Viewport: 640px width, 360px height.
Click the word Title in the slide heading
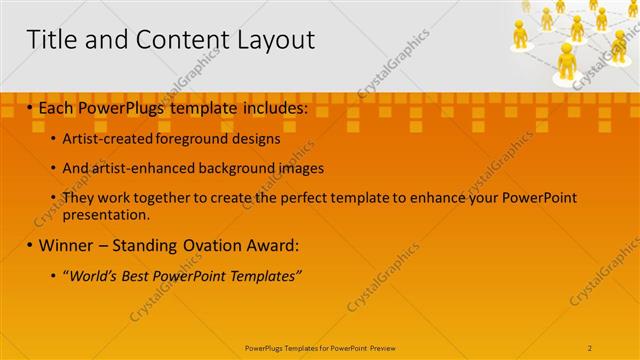click(x=50, y=40)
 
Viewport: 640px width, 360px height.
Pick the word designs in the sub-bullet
click(x=256, y=140)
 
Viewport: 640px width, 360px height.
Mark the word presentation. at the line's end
click(x=106, y=214)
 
